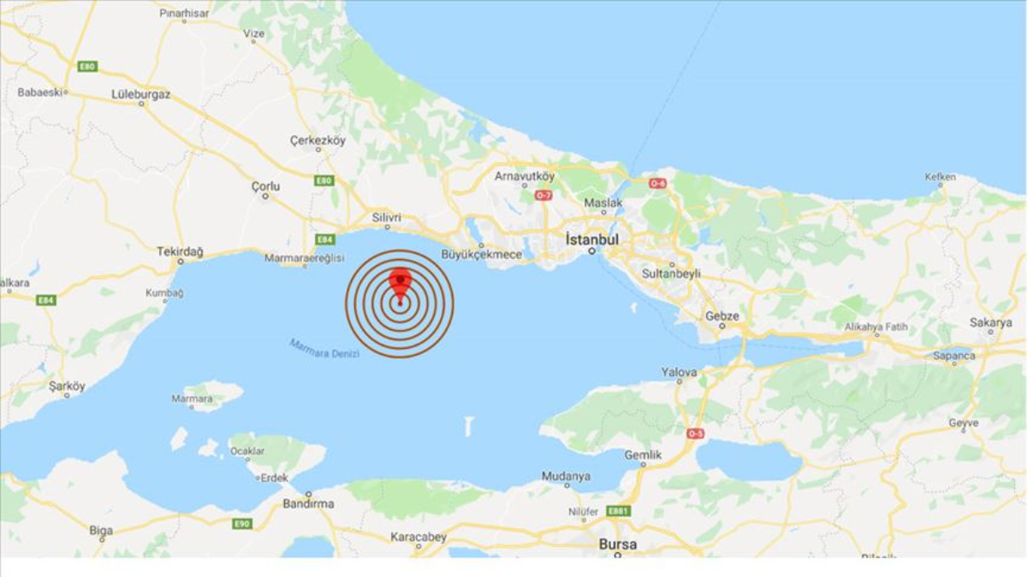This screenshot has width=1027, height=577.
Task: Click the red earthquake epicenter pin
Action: (400, 282)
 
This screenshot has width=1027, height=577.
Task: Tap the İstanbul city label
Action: (591, 239)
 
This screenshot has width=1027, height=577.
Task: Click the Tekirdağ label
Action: (181, 251)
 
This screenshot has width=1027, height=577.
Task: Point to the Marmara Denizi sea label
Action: (324, 348)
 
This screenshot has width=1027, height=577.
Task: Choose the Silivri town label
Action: (386, 218)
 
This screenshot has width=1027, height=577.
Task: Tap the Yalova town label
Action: (680, 373)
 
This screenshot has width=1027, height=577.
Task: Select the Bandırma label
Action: (308, 503)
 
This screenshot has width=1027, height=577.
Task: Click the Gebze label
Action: (721, 315)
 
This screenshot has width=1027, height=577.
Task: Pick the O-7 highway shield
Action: (543, 196)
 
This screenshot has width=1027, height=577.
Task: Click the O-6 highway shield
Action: (657, 183)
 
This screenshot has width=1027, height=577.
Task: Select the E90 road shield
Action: (241, 523)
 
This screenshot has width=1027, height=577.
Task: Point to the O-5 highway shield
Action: (695, 433)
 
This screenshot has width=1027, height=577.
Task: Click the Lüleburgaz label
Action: (141, 93)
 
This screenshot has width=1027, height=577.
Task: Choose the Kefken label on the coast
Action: (940, 177)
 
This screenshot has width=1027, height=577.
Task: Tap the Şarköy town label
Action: (67, 386)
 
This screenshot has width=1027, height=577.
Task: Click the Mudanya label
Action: (566, 476)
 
